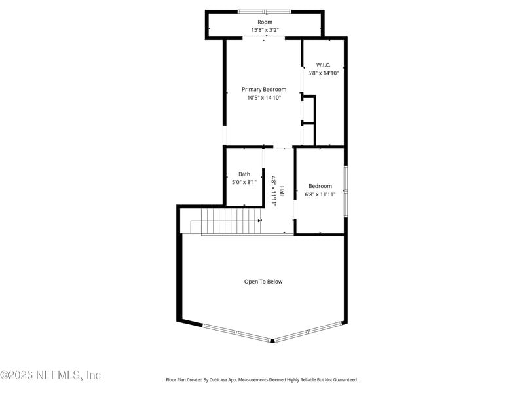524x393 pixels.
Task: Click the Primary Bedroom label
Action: pyautogui.click(x=264, y=89)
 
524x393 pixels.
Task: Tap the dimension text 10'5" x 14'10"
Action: pyautogui.click(x=264, y=98)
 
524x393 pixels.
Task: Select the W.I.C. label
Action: pyautogui.click(x=323, y=65)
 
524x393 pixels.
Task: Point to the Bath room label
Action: pyautogui.click(x=244, y=174)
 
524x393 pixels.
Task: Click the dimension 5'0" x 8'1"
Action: pyautogui.click(x=244, y=183)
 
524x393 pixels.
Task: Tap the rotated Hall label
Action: pyautogui.click(x=282, y=191)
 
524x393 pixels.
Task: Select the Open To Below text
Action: pyautogui.click(x=263, y=282)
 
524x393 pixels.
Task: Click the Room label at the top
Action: pyautogui.click(x=265, y=22)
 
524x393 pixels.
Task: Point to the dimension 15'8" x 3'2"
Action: pyautogui.click(x=265, y=30)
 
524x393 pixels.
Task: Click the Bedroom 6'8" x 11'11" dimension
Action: pyautogui.click(x=320, y=195)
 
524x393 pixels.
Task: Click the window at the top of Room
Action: pyautogui.click(x=265, y=11)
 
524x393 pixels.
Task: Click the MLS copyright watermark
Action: pyautogui.click(x=50, y=375)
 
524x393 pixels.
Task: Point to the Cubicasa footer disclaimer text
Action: pyautogui.click(x=262, y=379)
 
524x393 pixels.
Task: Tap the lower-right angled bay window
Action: pyautogui.click(x=307, y=331)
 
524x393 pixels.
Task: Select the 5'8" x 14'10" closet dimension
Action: pyautogui.click(x=323, y=73)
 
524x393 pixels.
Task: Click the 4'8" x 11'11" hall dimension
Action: pyautogui.click(x=274, y=191)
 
